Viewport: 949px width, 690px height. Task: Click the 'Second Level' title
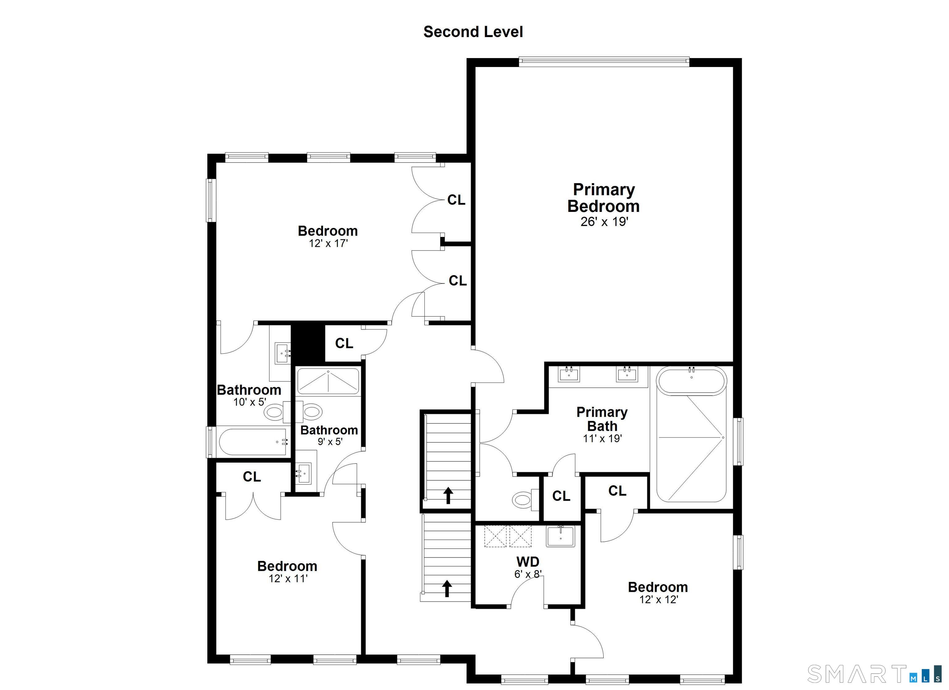[473, 32]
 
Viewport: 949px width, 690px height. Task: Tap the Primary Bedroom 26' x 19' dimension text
[604, 222]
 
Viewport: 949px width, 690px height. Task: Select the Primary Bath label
[602, 419]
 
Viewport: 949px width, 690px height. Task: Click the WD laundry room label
[528, 562]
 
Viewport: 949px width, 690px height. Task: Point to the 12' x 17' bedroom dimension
[328, 243]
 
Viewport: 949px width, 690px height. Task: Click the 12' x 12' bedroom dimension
[658, 600]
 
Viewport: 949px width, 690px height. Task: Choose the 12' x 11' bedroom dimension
[288, 579]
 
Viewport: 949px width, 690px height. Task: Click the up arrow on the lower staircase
[447, 588]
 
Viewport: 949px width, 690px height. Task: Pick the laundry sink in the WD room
[560, 536]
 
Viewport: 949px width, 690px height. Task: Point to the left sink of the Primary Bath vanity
[569, 374]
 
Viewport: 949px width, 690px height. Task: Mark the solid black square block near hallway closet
[308, 343]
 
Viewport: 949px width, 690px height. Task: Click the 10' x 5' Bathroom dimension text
[250, 402]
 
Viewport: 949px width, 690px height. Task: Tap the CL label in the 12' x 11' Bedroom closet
[252, 477]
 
